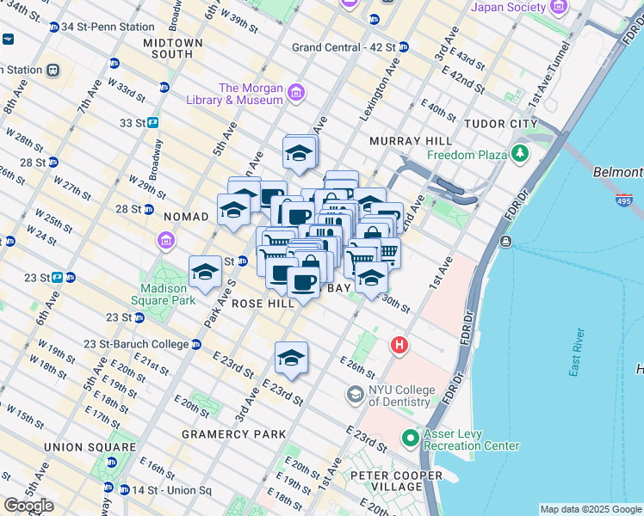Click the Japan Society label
pos(508,8)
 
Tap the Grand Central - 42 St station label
pos(344,46)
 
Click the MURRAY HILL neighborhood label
pos(411,140)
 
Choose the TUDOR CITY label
pos(494,124)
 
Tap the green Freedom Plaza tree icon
pos(519,155)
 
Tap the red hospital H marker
pos(399,346)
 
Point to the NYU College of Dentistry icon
pos(355,395)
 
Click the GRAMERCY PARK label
pos(233,434)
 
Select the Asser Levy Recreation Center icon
pos(411,439)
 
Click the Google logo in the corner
pos(28,506)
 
